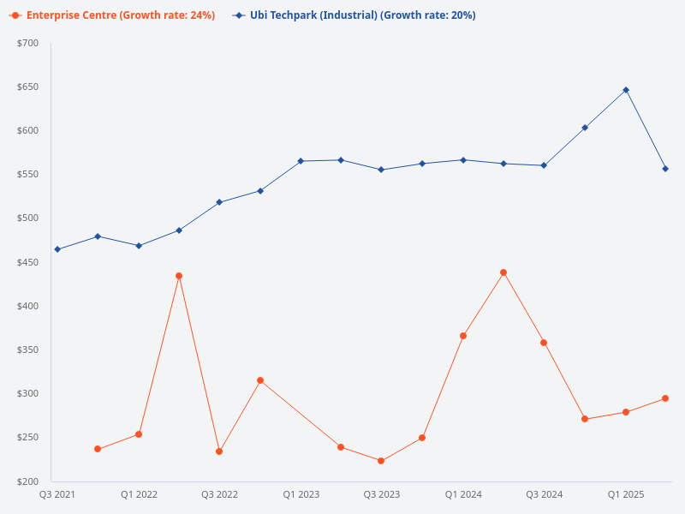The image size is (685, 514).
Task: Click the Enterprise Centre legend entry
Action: (120, 15)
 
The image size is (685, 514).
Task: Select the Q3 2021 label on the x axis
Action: (57, 494)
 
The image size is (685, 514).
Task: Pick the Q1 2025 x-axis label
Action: (626, 494)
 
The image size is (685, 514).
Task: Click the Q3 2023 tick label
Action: (381, 494)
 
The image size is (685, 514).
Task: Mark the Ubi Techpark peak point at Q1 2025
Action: (626, 90)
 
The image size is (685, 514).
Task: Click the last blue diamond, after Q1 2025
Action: (665, 169)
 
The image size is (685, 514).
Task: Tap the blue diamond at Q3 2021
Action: (57, 249)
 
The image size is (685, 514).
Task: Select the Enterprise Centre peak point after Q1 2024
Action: (503, 272)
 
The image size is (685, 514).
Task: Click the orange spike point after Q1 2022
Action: (179, 276)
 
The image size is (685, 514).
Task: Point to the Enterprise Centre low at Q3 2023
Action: (381, 461)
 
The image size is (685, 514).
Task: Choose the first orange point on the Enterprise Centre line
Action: (98, 449)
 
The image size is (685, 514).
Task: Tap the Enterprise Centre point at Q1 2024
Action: (463, 336)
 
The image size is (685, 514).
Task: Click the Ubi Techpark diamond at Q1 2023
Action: (301, 161)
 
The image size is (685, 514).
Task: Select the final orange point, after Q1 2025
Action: (665, 398)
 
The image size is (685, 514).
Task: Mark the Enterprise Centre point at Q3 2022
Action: (219, 451)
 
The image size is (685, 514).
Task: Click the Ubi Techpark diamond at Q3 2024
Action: (544, 165)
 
